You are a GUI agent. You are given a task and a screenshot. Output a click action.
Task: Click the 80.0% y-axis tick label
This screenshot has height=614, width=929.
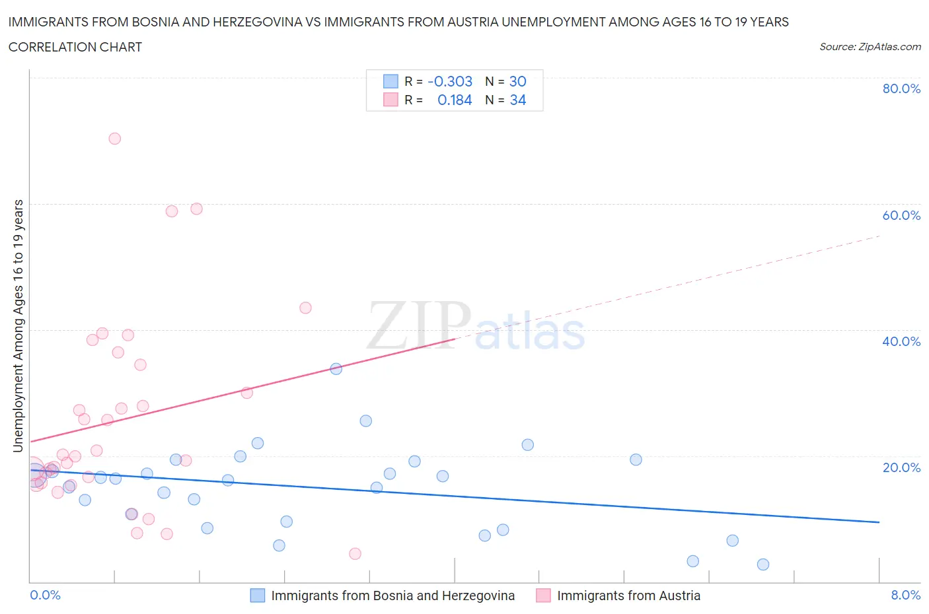click(x=901, y=88)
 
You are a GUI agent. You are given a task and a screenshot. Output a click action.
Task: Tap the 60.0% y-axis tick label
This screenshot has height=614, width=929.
click(x=901, y=215)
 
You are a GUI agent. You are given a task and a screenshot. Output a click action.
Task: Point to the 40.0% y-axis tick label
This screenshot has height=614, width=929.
click(x=901, y=341)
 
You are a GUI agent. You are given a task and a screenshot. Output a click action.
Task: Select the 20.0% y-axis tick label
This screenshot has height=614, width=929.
click(x=901, y=467)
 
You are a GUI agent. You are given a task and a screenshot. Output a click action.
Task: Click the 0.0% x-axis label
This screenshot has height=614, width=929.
click(x=46, y=595)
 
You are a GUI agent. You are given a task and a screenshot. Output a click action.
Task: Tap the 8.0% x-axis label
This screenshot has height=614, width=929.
click(x=905, y=595)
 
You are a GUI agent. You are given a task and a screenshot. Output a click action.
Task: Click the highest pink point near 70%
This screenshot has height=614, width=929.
click(x=115, y=139)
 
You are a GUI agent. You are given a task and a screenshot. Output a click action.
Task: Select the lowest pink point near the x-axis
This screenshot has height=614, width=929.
click(x=355, y=554)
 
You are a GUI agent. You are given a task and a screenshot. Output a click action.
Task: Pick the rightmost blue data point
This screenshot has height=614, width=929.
click(x=763, y=564)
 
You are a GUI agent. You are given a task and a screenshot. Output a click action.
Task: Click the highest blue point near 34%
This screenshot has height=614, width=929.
click(x=336, y=369)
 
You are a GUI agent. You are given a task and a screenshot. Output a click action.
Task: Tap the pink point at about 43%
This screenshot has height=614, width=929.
click(x=305, y=308)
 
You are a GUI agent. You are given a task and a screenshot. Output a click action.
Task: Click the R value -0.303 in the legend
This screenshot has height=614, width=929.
click(x=450, y=81)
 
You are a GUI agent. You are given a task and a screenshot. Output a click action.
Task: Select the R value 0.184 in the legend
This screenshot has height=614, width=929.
click(x=455, y=100)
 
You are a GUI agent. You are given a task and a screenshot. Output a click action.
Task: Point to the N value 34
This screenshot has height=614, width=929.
click(x=518, y=100)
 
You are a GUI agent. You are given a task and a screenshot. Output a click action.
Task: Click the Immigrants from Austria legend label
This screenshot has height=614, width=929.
click(x=628, y=596)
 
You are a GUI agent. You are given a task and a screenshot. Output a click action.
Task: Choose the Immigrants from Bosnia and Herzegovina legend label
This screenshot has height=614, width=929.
click(x=392, y=596)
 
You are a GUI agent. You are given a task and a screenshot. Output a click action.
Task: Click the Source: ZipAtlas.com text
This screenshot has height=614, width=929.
click(x=870, y=47)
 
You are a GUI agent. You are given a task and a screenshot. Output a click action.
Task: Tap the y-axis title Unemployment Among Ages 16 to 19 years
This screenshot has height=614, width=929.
click(x=19, y=326)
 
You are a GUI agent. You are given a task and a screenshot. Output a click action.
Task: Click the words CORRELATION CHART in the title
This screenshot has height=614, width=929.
click(x=75, y=47)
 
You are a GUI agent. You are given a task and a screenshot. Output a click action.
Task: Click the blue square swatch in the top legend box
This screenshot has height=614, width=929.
click(x=390, y=81)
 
